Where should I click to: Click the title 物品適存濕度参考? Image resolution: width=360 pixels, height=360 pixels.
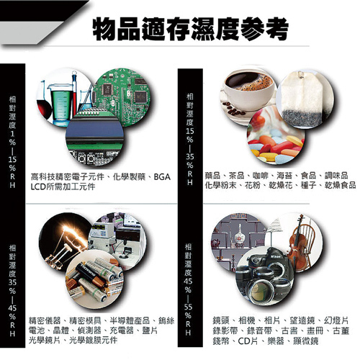click(x=192, y=29)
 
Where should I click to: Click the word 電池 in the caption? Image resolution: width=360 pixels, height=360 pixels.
click(x=37, y=329)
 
